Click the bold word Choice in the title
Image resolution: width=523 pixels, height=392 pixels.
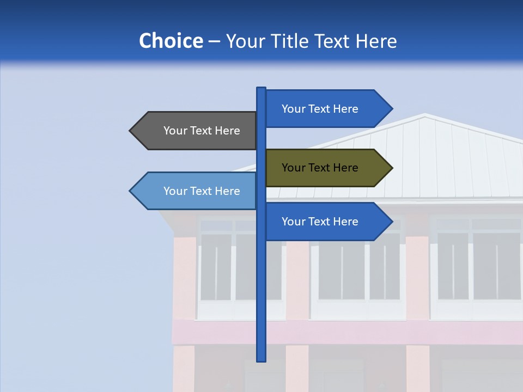pos(171,41)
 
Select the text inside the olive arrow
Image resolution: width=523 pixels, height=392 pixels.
pos(320,168)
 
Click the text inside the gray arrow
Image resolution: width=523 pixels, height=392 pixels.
pos(202,131)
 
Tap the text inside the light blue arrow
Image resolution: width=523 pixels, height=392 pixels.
pos(202,191)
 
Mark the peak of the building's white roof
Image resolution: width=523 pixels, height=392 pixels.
pos(425,115)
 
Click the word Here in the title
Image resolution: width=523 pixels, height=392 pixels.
pos(376,41)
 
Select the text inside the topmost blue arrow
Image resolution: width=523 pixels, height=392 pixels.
pos(320,109)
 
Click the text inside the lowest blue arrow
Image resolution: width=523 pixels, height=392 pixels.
pos(320,222)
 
